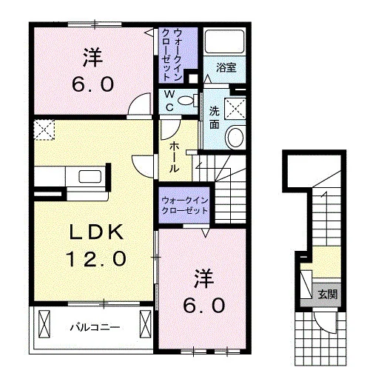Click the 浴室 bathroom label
tap(226, 67)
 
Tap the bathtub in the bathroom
tap(224, 41)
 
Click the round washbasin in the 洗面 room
tap(236, 137)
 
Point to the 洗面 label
tap(215, 118)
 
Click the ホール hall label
tap(174, 157)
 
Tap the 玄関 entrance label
tap(327, 295)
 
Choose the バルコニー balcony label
tap(95, 328)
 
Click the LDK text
tap(96, 232)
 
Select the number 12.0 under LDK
tap(96, 258)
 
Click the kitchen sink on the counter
tap(90, 177)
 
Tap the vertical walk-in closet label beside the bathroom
tap(171, 55)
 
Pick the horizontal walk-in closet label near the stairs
tap(184, 206)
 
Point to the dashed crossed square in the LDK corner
tap(44, 129)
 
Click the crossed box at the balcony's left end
tap(44, 323)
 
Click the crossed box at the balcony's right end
tap(145, 323)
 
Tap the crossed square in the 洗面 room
tap(235, 109)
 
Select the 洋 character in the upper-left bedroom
tap(92, 57)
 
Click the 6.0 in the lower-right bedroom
tap(203, 305)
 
